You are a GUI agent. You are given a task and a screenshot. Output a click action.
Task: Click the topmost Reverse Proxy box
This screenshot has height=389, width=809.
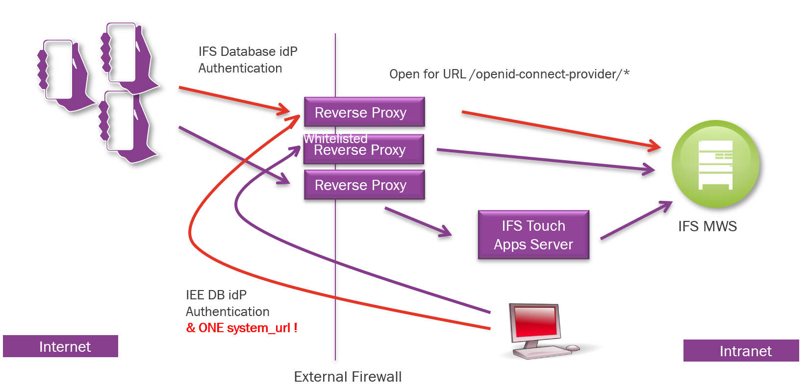tap(364, 112)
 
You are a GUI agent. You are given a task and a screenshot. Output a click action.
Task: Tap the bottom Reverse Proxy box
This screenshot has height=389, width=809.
tap(364, 185)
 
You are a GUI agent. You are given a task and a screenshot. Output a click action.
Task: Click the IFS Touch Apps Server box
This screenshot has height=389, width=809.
tap(533, 235)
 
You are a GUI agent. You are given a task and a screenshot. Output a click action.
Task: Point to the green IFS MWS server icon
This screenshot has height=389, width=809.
tap(715, 165)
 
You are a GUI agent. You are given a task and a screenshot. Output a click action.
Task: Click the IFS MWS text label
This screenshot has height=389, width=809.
tap(707, 226)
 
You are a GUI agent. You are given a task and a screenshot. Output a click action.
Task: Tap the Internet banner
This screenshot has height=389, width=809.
tap(60, 346)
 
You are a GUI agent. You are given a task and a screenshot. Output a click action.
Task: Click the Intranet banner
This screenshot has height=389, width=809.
tap(741, 351)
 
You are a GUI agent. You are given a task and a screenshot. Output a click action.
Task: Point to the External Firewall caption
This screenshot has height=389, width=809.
tap(348, 377)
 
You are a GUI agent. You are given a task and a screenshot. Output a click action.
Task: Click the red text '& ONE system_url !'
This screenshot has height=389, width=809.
tap(242, 328)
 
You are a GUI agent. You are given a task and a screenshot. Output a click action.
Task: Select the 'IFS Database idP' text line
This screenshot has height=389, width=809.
tap(248, 51)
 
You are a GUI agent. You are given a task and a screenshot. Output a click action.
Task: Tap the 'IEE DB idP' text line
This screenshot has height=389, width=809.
tap(216, 295)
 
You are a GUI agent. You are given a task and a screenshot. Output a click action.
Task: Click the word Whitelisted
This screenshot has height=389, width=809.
tap(335, 139)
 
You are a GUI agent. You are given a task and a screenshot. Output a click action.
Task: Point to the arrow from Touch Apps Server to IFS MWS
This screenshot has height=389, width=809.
tap(636, 220)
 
